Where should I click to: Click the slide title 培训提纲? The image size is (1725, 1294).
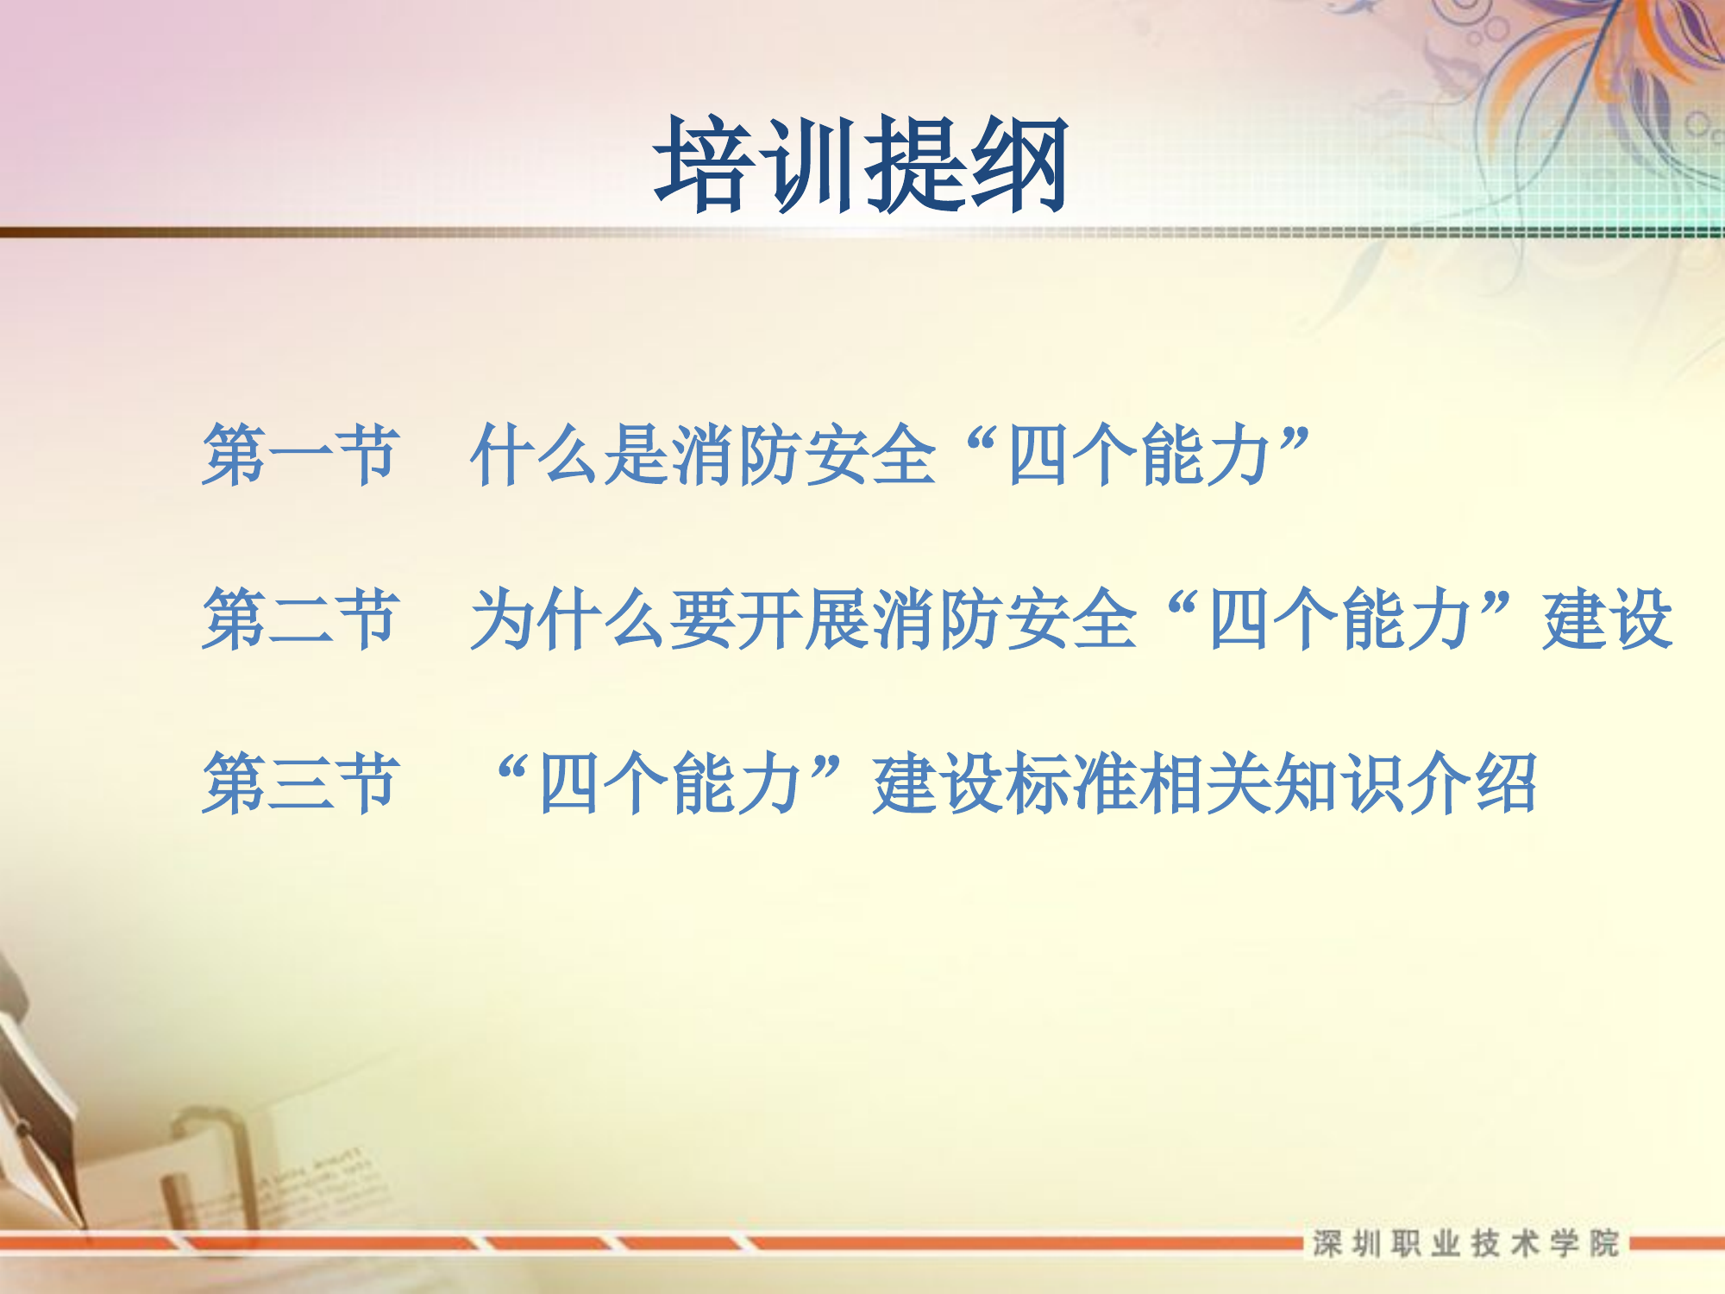[x=861, y=164]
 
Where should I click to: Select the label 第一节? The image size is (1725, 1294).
[x=301, y=455]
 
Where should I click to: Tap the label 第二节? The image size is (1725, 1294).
[x=301, y=619]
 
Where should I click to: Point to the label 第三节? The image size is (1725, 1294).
[x=301, y=782]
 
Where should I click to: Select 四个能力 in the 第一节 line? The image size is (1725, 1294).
[x=1138, y=455]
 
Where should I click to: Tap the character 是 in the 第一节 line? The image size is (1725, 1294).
[x=637, y=455]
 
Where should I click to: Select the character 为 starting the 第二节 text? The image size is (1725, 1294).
[x=503, y=619]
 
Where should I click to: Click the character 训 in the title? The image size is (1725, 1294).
[x=809, y=164]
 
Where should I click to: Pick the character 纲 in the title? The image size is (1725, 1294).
[x=1018, y=164]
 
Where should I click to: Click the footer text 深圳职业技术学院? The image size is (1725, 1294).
[x=1465, y=1243]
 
